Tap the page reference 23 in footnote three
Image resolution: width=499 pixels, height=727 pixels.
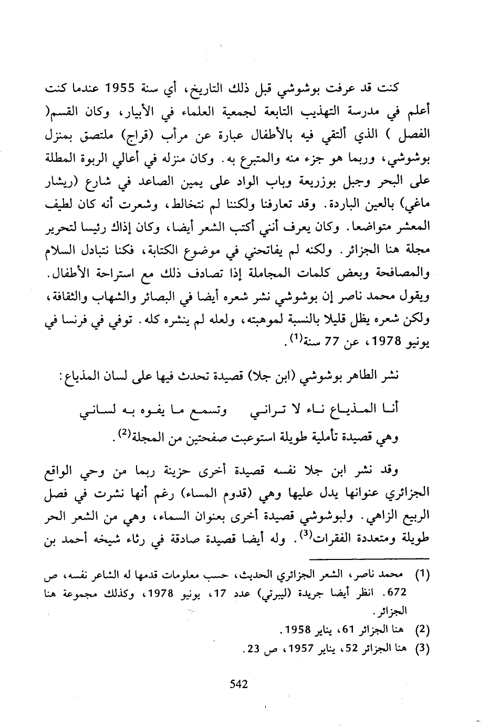click(x=254, y=648)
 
